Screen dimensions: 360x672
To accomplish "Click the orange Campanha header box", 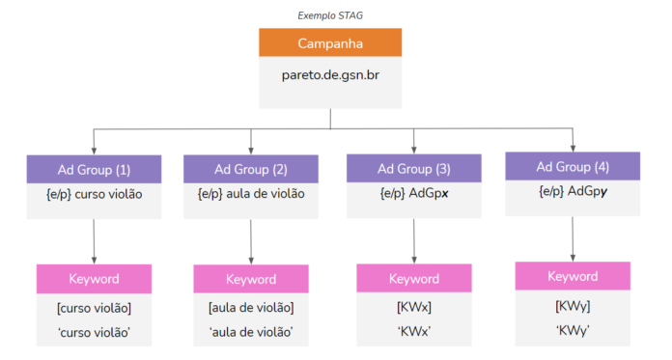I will coord(330,43).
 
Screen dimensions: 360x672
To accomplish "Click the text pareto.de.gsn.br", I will coord(330,73).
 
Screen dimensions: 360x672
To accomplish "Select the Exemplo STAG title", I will coord(330,15).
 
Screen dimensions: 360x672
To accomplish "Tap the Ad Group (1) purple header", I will coord(95,169).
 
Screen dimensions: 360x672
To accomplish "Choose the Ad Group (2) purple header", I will coord(251,169).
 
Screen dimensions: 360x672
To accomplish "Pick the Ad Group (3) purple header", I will coord(414,168).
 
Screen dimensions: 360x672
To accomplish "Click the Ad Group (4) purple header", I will coord(573,166).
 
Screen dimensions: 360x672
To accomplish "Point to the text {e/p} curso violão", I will coord(95,193).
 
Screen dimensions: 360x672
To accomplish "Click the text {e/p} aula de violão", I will coord(251,193).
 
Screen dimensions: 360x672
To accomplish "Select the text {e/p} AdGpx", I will coord(414,193).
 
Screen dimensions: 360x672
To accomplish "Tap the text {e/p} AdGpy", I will coord(573,190).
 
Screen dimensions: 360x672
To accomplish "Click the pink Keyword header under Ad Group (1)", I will coord(95,279).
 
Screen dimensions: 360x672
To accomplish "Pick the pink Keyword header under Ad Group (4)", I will coord(573,276).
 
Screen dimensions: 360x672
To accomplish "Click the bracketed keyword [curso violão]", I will coord(95,308).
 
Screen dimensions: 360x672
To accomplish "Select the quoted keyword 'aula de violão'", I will coord(251,332).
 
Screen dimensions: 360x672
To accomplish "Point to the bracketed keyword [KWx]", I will coord(414,308).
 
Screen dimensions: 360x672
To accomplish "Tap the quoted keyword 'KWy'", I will coord(573,329).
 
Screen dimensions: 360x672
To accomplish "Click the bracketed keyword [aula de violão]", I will coord(251,308).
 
